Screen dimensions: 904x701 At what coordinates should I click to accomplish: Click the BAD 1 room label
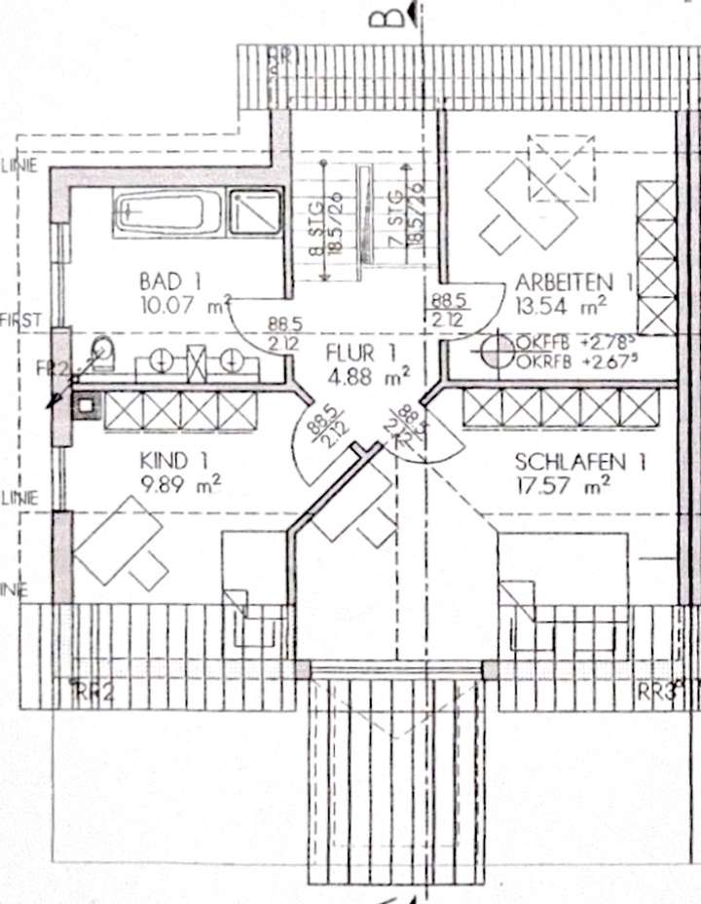pyautogui.click(x=169, y=282)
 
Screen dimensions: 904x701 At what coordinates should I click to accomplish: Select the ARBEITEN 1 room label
pyautogui.click(x=574, y=282)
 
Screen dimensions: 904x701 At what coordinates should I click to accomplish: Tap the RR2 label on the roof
pyautogui.click(x=94, y=693)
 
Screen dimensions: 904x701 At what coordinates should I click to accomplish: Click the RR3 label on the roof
pyautogui.click(x=658, y=692)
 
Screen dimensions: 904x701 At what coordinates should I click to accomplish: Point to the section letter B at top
pyautogui.click(x=390, y=16)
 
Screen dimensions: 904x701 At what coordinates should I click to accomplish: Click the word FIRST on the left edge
pyautogui.click(x=18, y=320)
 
